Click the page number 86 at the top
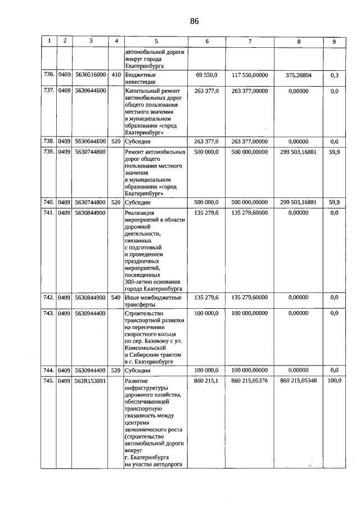pyautogui.click(x=194, y=21)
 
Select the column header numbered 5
pyautogui.click(x=156, y=41)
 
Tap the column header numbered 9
pyautogui.click(x=334, y=41)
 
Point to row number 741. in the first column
pyautogui.click(x=49, y=213)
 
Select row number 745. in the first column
pyautogui.click(x=49, y=381)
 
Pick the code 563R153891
pyautogui.click(x=91, y=381)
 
